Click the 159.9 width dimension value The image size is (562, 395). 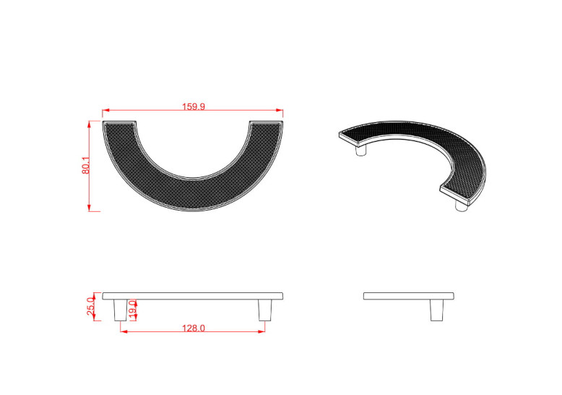194,106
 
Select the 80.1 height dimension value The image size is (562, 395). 86,166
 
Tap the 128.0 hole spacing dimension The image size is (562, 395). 194,328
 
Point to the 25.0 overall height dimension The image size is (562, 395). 91,306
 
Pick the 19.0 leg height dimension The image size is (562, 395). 133,310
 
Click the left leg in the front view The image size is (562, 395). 120,310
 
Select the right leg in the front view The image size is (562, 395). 265,310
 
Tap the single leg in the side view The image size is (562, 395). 436,310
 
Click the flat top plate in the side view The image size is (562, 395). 409,296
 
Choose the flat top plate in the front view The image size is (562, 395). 193,296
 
